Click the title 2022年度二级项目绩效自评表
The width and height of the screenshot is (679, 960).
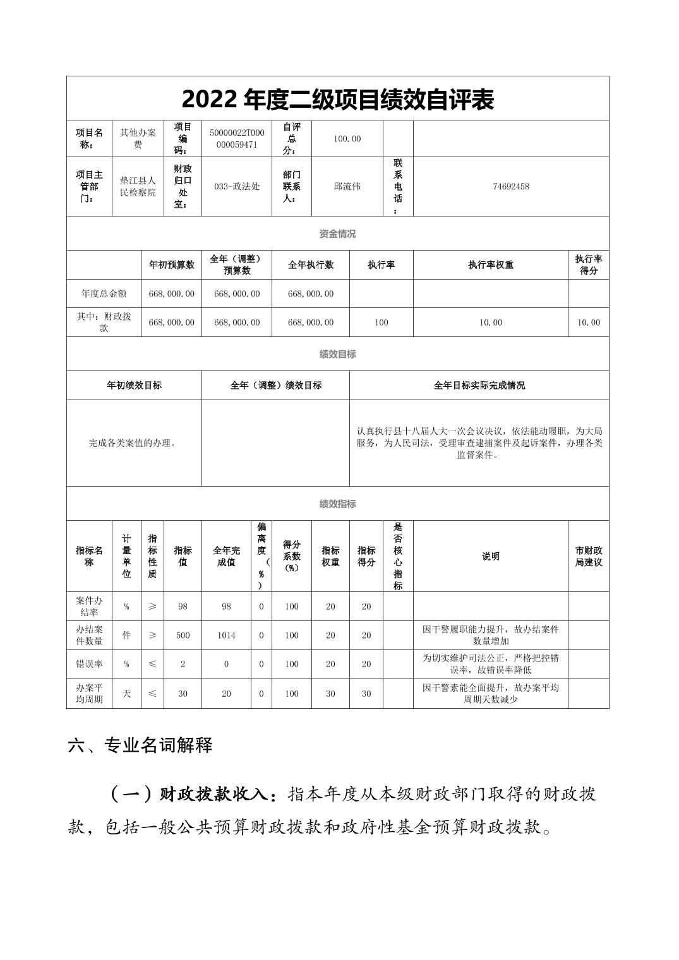click(x=337, y=100)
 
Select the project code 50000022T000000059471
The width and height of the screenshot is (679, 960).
click(x=237, y=139)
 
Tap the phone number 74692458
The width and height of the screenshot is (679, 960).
click(x=510, y=186)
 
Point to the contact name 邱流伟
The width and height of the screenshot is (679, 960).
click(x=347, y=186)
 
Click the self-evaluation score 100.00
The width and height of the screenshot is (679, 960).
click(x=347, y=139)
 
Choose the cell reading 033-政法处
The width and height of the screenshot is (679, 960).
click(x=237, y=186)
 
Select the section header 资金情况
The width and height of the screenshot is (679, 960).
click(x=337, y=234)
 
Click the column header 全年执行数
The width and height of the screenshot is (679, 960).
click(x=310, y=265)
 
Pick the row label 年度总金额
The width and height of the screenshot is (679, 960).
click(x=104, y=293)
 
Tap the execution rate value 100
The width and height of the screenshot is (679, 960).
click(x=381, y=323)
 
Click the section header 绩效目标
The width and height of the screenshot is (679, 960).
click(x=337, y=354)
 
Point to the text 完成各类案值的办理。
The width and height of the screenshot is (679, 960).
click(x=133, y=443)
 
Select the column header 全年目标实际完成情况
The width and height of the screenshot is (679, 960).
click(x=479, y=385)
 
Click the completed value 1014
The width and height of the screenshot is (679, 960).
click(x=226, y=636)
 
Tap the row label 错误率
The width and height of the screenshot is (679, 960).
click(x=89, y=665)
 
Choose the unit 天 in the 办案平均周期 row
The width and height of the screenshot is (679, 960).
click(x=126, y=694)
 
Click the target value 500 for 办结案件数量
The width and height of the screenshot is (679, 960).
click(x=183, y=636)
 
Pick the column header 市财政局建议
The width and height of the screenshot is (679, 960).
click(x=588, y=556)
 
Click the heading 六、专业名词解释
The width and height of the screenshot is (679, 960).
click(x=140, y=745)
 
